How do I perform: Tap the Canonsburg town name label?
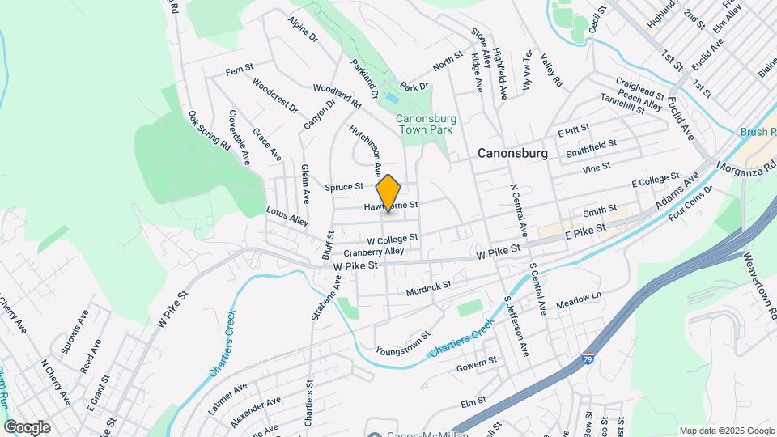point(512,152)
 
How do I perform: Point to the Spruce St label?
point(343,187)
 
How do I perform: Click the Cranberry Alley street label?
point(373,252)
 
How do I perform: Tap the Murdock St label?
point(428,288)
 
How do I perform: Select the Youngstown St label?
point(403,344)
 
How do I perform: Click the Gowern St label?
point(475,363)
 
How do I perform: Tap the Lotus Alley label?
point(287,214)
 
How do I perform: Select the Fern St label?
point(240,70)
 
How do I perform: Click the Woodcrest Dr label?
point(274,95)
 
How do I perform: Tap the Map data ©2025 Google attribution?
point(726,431)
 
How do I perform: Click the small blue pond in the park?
point(392,97)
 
